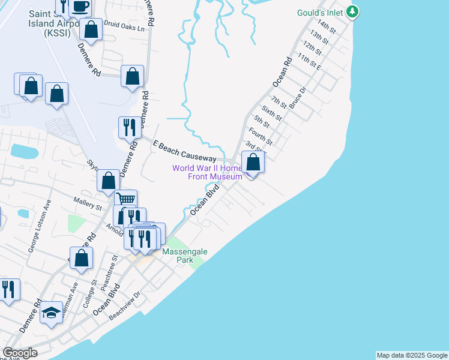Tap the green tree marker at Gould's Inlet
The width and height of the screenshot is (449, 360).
pos(353,11)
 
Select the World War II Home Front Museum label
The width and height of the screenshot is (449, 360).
pos(207,172)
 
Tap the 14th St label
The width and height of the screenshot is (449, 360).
pos(327,26)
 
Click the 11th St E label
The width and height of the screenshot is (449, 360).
pos(310,61)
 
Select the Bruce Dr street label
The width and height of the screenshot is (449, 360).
pos(298,98)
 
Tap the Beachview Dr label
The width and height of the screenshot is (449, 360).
pos(125,305)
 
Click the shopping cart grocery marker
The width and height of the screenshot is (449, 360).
pos(125,199)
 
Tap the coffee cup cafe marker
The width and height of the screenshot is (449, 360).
pos(80,7)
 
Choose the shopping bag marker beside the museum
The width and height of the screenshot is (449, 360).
pos(253,161)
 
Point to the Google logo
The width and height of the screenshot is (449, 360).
pos(20,353)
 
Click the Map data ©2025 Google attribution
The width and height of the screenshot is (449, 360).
pos(411,355)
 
